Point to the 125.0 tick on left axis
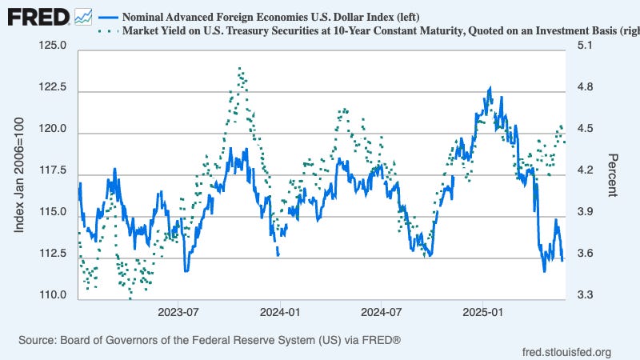[50, 46]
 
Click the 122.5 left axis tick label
[50, 88]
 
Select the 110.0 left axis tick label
[50, 296]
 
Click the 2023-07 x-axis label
[178, 311]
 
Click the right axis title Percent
[612, 174]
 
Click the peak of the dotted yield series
[239, 69]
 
